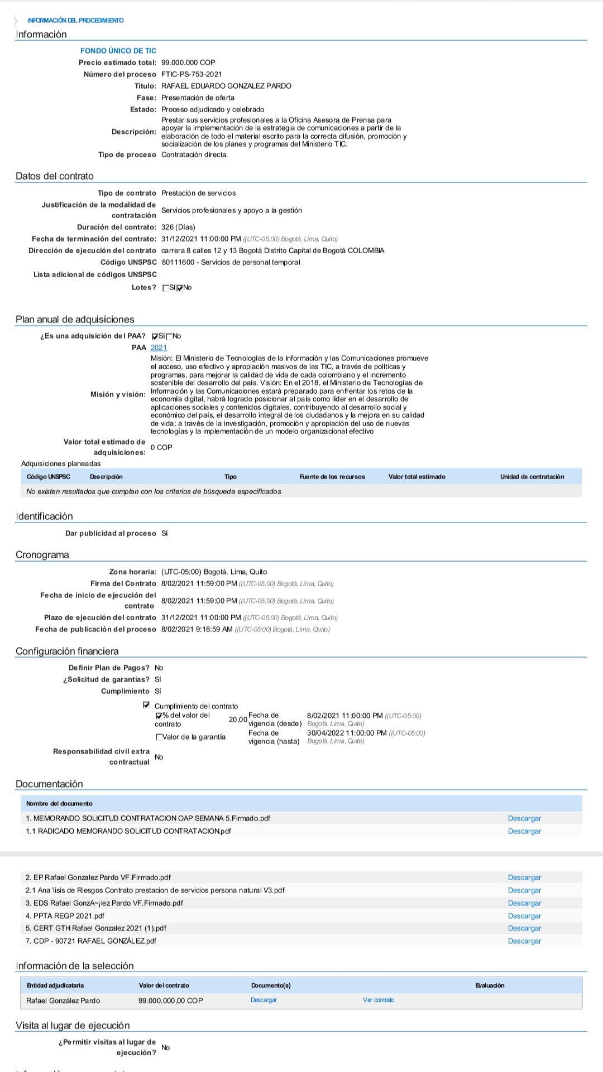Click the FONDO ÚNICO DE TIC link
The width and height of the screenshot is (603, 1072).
[x=118, y=51]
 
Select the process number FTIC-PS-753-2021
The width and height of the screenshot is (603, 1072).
[x=192, y=74]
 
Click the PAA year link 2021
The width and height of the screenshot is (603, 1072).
[x=159, y=347]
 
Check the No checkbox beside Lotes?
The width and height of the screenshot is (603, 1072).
[x=180, y=288]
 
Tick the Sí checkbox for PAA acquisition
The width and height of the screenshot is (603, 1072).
[x=155, y=336]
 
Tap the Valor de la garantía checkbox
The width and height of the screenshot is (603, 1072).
[x=159, y=737]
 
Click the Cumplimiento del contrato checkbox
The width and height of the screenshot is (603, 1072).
[x=147, y=705]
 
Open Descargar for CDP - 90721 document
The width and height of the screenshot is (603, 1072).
[x=524, y=941]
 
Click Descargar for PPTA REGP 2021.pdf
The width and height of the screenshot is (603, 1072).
[x=524, y=916]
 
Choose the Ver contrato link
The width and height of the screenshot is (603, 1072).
[x=378, y=1000]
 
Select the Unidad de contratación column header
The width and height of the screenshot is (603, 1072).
[x=532, y=477]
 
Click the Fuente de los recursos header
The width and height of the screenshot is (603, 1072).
[x=332, y=477]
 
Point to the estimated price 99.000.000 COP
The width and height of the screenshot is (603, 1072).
[x=188, y=62]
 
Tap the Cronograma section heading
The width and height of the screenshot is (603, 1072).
[x=42, y=555]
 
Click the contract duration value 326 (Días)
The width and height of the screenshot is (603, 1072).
[x=178, y=227]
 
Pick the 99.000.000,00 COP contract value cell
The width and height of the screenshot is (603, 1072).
[x=170, y=1001]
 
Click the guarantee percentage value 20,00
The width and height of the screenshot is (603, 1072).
[x=238, y=720]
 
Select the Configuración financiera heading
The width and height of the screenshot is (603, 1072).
[x=67, y=651]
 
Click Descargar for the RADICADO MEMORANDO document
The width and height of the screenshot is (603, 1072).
[x=524, y=831]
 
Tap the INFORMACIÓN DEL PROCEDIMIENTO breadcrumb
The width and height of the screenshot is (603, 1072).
[x=76, y=21]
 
